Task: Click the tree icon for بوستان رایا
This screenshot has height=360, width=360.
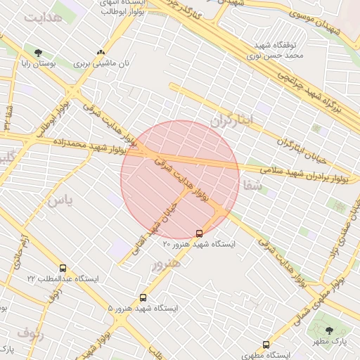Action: point(38,53)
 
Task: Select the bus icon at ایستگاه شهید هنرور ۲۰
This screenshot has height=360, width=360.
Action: point(199,233)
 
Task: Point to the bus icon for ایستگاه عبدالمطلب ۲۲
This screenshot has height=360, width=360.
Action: point(63,268)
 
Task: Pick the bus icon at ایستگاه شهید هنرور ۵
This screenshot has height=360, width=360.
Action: point(143,297)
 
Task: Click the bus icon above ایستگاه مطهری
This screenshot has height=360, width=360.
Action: point(266,345)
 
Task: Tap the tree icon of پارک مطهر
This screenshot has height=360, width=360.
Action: point(329,330)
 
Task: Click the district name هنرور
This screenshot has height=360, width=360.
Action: point(165,263)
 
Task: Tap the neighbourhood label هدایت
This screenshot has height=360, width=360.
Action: point(42,18)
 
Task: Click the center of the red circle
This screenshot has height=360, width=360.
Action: point(180,179)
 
